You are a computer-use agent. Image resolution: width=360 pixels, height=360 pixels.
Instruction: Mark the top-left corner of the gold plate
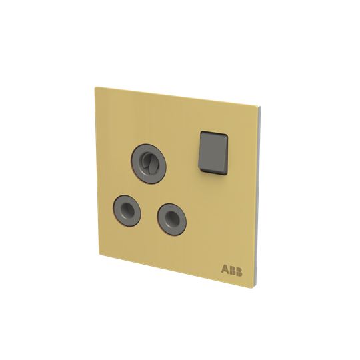[96, 86]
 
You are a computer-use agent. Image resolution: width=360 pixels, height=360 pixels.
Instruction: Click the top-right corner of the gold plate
[258, 105]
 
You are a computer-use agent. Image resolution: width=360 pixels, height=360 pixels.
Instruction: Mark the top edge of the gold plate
[177, 95]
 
